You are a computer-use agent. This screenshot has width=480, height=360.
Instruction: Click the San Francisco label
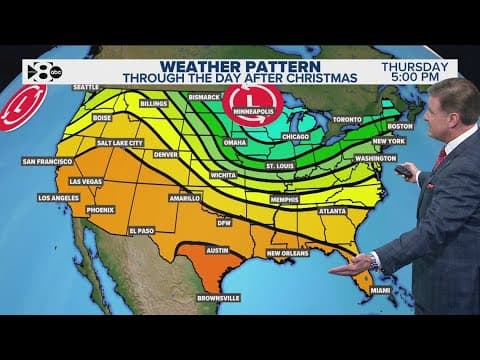pyautogui.click(x=47, y=160)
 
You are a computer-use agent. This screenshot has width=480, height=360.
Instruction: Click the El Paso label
pyautogui.click(x=141, y=230)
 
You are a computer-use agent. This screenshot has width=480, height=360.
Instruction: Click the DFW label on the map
pyautogui.click(x=224, y=222)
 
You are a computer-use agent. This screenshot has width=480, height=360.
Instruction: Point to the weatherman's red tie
pyautogui.click(x=441, y=158)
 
